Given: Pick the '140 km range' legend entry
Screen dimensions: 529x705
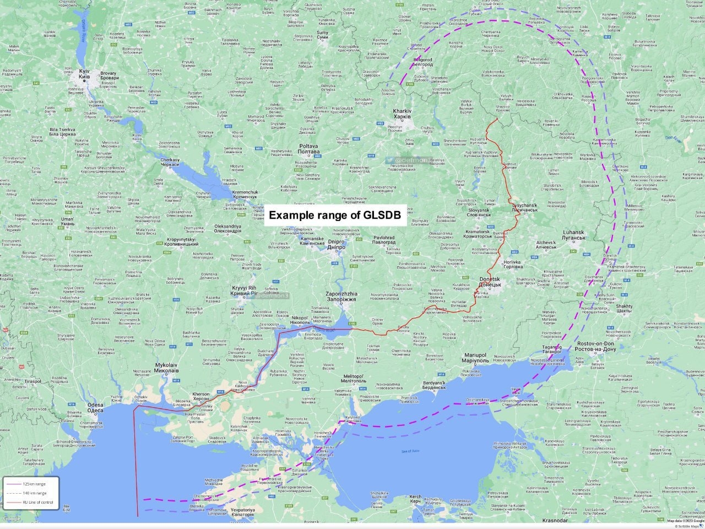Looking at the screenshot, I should click(x=34, y=493).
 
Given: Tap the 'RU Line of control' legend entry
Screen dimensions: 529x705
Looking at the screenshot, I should click(x=37, y=502).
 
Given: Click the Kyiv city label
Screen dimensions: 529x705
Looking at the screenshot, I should click(x=84, y=74).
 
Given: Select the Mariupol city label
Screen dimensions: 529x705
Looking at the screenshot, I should click(x=474, y=358).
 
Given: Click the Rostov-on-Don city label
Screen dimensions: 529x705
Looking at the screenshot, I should click(x=596, y=347).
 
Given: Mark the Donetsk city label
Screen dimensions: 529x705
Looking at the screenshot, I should click(x=490, y=282).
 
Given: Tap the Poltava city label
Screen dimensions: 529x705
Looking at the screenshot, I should click(x=308, y=149).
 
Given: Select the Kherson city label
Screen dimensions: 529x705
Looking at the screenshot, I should click(x=200, y=397).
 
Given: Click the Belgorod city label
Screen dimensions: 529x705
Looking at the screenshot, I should click(x=423, y=62).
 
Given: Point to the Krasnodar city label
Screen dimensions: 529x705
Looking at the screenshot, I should click(x=555, y=520).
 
